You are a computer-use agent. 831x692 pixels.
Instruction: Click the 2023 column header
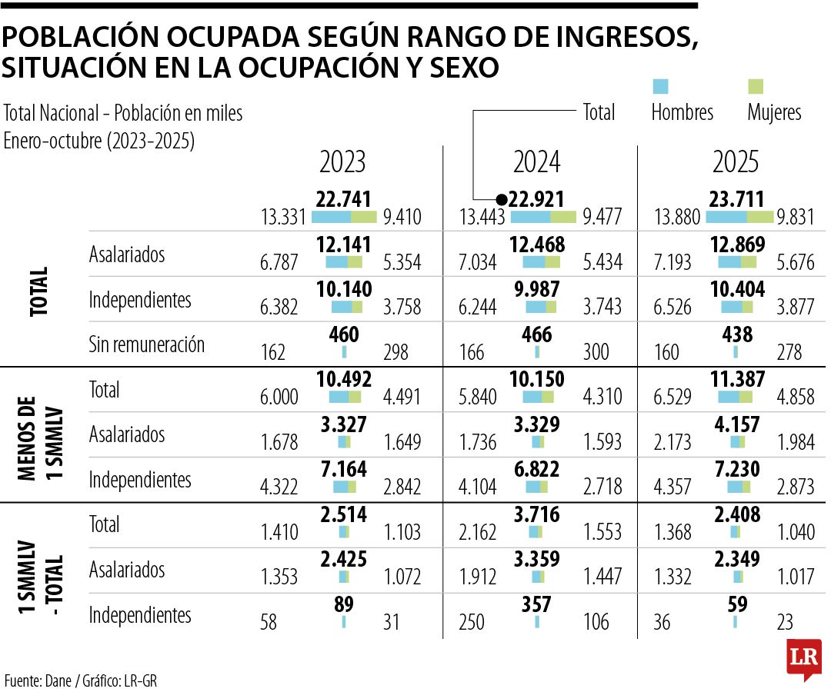point(342,162)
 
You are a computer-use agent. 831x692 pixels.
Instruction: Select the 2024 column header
point(537,162)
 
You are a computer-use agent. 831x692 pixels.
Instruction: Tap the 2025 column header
point(736,162)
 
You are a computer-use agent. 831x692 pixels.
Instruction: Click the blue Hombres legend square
point(660,86)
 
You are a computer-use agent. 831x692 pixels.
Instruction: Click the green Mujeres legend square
point(756,86)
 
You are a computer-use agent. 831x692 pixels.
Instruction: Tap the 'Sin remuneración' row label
point(147,344)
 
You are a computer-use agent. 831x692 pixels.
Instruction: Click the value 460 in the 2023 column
point(344,334)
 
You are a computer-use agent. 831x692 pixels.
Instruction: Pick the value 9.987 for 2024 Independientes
point(537,290)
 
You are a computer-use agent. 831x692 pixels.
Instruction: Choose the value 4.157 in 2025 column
point(736,424)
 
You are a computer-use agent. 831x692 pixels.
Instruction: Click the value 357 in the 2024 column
point(536,604)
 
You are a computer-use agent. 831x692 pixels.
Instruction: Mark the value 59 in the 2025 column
point(736,604)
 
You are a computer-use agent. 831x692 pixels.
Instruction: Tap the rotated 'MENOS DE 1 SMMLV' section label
point(38,434)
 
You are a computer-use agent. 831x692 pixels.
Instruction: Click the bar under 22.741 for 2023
point(344,217)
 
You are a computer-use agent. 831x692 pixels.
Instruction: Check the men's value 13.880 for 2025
point(676,218)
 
